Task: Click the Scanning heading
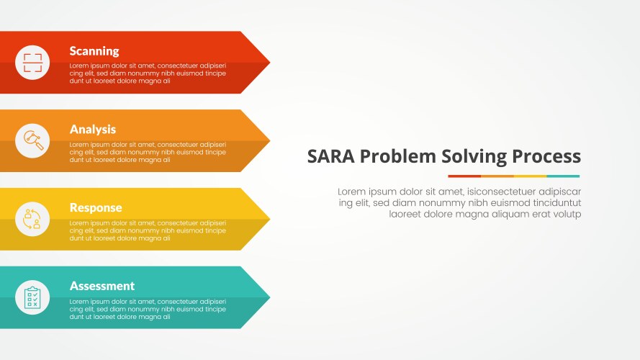tap(94, 51)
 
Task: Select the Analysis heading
tap(93, 130)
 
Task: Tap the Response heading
tap(96, 207)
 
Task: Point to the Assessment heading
tap(102, 286)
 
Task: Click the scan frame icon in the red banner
tap(32, 63)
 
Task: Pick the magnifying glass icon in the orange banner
tap(32, 140)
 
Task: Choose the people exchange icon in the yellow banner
tap(32, 219)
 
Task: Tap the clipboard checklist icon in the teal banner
tap(32, 297)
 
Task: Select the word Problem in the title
tap(395, 156)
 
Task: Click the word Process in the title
tap(546, 156)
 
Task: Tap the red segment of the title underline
tap(464, 176)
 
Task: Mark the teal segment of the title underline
tap(563, 176)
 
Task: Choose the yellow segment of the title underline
tap(530, 176)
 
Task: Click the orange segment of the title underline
tap(497, 176)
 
